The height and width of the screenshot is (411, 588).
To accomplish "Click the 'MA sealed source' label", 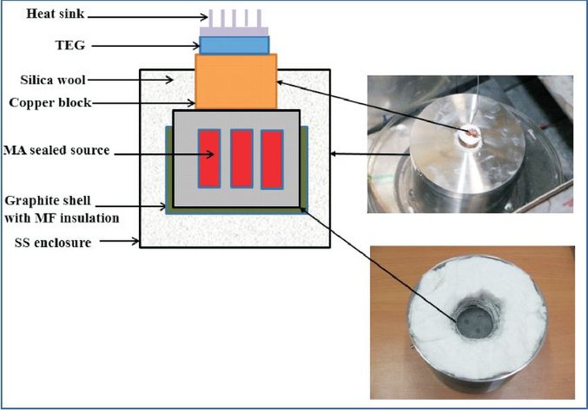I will pos(56,150).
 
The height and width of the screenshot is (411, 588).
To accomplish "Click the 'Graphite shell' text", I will pos(48,202).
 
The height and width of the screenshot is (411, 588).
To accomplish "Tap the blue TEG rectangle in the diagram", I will pos(234,45).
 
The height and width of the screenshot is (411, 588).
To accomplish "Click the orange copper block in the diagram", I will pos(236,82).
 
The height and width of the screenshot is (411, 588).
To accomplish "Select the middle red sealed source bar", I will pos(241,158).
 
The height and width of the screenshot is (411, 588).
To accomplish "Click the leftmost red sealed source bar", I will pos(209,158).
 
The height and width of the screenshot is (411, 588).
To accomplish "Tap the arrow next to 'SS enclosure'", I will pos(124,242).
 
